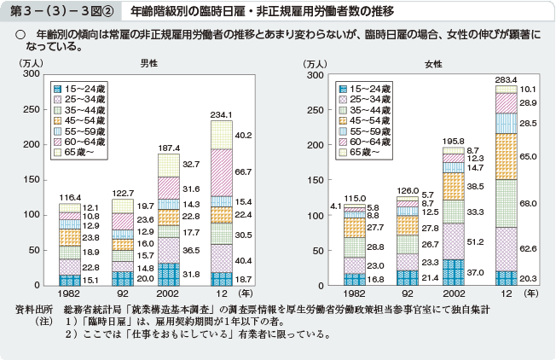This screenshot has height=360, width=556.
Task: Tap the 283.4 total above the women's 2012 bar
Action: tap(507, 79)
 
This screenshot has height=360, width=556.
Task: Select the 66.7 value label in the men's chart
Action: tap(242, 171)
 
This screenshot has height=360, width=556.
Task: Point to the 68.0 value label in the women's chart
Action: tap(528, 203)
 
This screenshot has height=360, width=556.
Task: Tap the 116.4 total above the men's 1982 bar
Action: tap(69, 197)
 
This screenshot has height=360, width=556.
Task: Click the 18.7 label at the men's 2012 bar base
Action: tap(242, 278)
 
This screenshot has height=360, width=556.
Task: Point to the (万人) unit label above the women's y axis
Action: tap(314, 63)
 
